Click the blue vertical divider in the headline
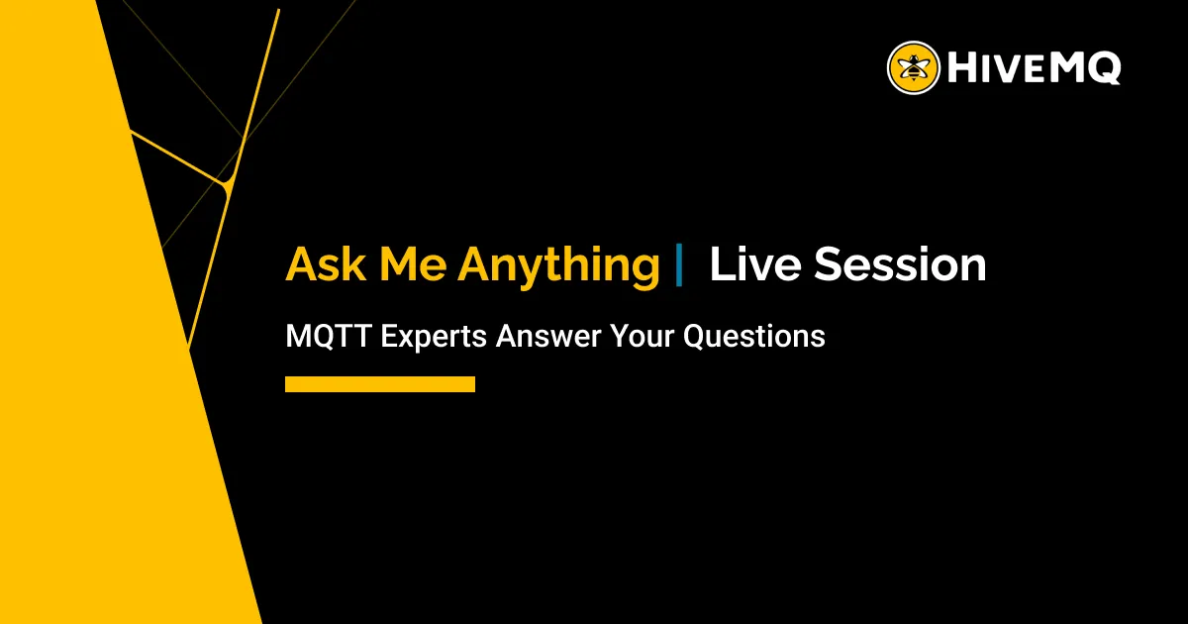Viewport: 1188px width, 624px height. point(679,265)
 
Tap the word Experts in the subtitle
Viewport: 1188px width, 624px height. point(434,337)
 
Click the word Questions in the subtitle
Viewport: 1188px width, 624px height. point(754,336)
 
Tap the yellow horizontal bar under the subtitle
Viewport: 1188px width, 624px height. point(380,384)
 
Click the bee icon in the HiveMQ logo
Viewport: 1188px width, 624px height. point(913,67)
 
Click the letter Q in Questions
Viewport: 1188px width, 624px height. point(695,336)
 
